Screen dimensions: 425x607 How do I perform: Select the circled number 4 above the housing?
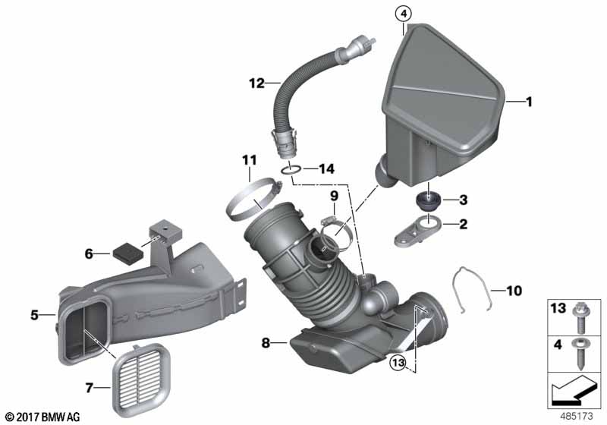tap(403, 12)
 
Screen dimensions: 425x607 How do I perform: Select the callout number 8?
tap(267, 344)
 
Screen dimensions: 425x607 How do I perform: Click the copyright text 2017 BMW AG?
tap(42, 417)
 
